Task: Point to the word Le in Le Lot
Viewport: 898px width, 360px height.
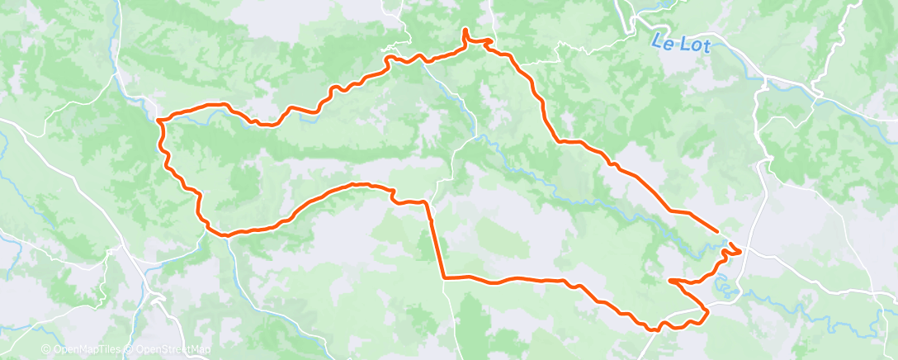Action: tap(659, 40)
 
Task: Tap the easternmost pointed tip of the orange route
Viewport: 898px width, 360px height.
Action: tap(741, 249)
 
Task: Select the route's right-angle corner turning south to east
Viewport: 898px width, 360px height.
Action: tap(445, 277)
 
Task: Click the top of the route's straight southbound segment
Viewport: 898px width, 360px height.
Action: tap(427, 201)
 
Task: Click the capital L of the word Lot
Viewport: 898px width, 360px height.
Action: tap(677, 43)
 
